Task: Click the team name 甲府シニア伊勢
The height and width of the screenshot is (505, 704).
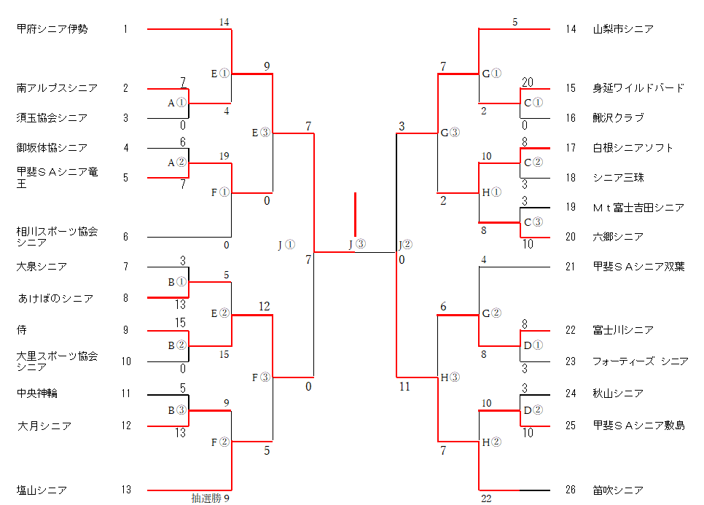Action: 52,29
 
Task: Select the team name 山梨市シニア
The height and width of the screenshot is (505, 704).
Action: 622,29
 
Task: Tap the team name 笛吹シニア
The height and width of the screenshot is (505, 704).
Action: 618,490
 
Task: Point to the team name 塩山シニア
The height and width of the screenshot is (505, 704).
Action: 42,490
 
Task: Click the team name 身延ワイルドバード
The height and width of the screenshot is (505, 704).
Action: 638,88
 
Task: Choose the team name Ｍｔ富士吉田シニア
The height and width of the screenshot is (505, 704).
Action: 638,208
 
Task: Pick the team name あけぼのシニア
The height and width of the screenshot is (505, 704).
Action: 55,298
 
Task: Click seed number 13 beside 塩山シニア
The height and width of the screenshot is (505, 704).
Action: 125,490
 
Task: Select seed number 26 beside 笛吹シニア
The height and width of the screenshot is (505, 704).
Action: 570,490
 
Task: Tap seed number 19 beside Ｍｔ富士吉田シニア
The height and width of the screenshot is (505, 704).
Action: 570,208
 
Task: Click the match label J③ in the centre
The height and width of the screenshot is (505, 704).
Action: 357,244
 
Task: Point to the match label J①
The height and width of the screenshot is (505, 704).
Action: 286,245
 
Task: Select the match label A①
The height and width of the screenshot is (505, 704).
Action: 177,103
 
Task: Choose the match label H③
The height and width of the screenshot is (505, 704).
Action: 450,377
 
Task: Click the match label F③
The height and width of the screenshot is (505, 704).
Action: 261,377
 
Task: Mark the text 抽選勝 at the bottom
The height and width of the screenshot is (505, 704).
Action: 206,498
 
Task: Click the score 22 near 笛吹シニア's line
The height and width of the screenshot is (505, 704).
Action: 486,498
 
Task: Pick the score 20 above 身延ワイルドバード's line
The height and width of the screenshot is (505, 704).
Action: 528,82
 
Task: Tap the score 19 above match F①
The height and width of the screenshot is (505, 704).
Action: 224,156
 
